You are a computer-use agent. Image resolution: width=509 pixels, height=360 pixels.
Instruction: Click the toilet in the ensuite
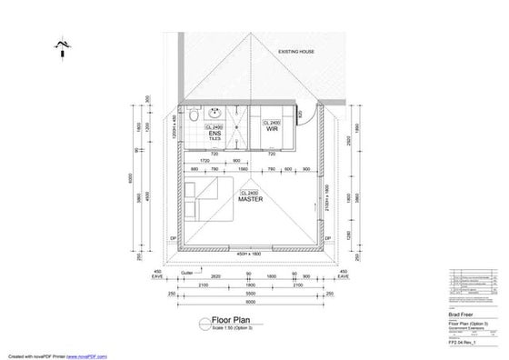(195, 116)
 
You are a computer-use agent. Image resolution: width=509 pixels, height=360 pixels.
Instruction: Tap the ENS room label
(215, 133)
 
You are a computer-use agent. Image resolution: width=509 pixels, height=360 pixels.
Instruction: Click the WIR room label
(272, 130)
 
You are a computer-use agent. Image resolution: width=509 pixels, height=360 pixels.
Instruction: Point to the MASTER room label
(250, 201)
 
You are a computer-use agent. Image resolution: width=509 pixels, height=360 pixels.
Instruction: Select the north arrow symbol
(61, 46)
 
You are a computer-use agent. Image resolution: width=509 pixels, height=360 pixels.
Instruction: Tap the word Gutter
(187, 271)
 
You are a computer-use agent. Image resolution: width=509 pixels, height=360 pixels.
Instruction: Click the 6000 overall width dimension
(249, 303)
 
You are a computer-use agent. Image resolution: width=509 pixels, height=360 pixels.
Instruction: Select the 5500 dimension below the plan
(249, 293)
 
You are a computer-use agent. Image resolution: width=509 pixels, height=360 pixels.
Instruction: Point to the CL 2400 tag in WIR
(272, 122)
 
